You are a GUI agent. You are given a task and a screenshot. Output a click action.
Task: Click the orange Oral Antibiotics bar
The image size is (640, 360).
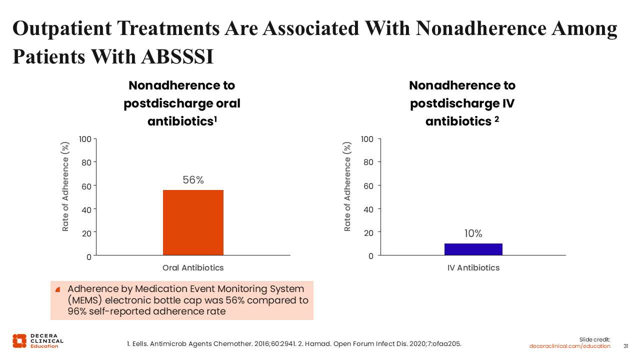tap(193, 222)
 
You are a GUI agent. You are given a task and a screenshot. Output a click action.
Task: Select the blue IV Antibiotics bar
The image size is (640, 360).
tap(473, 249)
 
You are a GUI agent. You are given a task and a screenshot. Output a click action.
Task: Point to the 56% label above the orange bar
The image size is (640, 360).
tap(193, 180)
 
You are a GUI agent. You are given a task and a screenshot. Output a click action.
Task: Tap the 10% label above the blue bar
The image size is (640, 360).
tap(473, 233)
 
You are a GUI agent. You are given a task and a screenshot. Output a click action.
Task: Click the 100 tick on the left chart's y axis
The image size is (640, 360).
tap(85, 139)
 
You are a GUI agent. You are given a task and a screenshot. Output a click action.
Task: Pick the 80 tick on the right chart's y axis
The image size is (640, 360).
tap(368, 162)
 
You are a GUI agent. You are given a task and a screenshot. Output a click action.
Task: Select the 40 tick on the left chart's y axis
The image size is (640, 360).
tap(86, 210)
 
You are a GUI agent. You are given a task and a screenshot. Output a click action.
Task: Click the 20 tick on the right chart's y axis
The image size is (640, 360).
tap(368, 233)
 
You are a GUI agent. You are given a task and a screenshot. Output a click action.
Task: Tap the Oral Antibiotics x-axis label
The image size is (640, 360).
tap(193, 267)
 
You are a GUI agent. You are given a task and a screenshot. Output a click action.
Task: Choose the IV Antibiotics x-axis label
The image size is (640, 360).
tap(473, 267)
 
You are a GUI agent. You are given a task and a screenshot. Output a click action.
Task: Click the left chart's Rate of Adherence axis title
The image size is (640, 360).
tap(65, 186)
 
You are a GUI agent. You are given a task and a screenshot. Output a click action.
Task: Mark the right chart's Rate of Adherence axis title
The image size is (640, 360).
tap(347, 186)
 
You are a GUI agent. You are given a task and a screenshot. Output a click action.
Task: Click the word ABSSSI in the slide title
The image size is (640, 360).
tap(177, 56)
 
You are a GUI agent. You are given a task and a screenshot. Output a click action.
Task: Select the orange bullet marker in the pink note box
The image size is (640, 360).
tap(57, 289)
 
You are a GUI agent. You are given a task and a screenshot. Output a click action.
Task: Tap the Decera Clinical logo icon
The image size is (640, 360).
tap(19, 341)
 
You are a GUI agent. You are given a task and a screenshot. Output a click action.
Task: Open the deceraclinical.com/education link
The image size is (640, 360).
tap(569, 346)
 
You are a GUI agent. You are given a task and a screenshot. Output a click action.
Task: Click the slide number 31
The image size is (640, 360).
tap(625, 346)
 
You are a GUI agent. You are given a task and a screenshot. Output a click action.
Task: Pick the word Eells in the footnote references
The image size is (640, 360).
tap(140, 343)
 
